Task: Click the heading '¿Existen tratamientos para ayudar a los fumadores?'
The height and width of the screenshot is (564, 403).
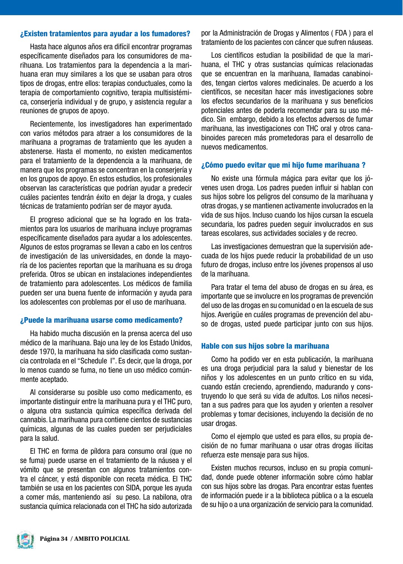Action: pos(105,34)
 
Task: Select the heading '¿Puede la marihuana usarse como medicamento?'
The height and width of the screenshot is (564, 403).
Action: pos(101,320)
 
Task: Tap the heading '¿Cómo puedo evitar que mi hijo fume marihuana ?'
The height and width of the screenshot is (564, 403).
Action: pos(283,165)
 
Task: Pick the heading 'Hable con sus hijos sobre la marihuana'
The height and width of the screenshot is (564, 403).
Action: pos(265,346)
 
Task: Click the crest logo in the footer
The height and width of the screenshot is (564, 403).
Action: pos(25,540)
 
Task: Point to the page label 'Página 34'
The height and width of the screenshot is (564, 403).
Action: pos(54,539)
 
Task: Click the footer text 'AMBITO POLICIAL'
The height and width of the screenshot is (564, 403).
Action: pos(102,539)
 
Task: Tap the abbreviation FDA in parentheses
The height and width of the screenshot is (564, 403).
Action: pos(341,33)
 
